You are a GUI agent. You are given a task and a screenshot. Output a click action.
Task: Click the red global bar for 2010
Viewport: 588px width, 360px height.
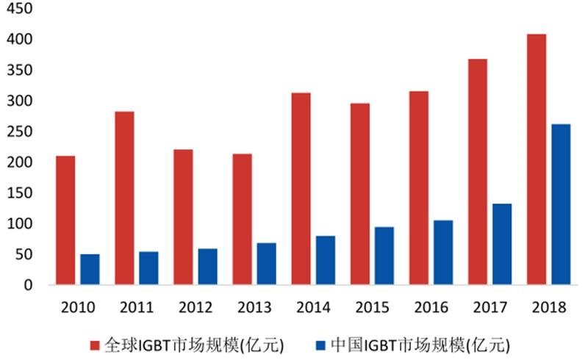point(65,220)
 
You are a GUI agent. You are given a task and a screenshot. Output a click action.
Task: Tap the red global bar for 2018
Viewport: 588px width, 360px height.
point(537,159)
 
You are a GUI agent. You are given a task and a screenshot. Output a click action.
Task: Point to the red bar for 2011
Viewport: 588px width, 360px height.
point(124,198)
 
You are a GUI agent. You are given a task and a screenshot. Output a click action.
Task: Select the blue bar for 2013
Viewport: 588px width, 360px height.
point(266,263)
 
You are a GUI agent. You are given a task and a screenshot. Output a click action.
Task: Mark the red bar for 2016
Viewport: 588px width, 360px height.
point(418,187)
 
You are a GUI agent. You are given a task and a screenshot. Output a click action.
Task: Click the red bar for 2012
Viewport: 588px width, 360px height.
point(183,217)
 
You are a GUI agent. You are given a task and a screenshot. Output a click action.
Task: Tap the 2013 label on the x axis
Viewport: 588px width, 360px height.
point(254,308)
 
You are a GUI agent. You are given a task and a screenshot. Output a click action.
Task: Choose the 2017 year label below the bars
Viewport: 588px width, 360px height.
point(490,308)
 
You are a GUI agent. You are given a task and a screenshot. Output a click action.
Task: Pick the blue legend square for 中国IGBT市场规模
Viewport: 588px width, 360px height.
point(320,344)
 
